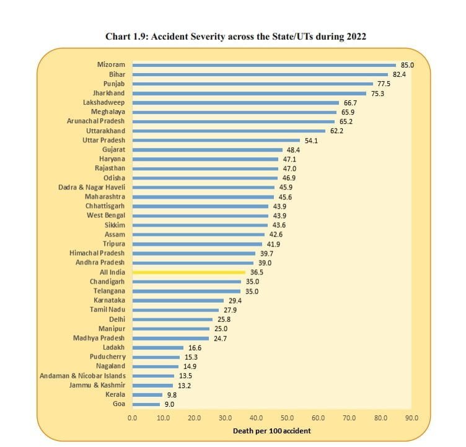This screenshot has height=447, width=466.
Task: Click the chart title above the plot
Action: [236, 37]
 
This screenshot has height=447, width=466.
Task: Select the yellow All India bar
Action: [189, 272]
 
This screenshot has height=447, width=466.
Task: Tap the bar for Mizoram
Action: [264, 64]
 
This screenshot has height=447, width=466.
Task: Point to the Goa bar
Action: [146, 404]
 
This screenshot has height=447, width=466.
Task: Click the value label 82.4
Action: [398, 74]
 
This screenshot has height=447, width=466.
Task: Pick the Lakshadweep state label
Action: [103, 102]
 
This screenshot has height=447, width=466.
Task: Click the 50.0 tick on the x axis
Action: [288, 418]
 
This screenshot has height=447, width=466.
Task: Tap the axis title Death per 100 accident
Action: [272, 430]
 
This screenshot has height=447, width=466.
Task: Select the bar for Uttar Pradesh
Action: [216, 140]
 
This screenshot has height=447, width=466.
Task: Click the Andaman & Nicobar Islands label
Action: [82, 376]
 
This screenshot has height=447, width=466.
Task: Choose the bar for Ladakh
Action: [158, 347]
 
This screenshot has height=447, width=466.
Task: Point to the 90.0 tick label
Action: [411, 418]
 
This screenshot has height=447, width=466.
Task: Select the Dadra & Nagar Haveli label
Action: [92, 187]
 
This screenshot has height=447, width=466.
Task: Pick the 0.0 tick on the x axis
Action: [133, 418]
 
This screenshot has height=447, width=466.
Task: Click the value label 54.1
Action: [310, 140]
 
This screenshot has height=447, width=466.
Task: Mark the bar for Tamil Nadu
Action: [176, 310]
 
